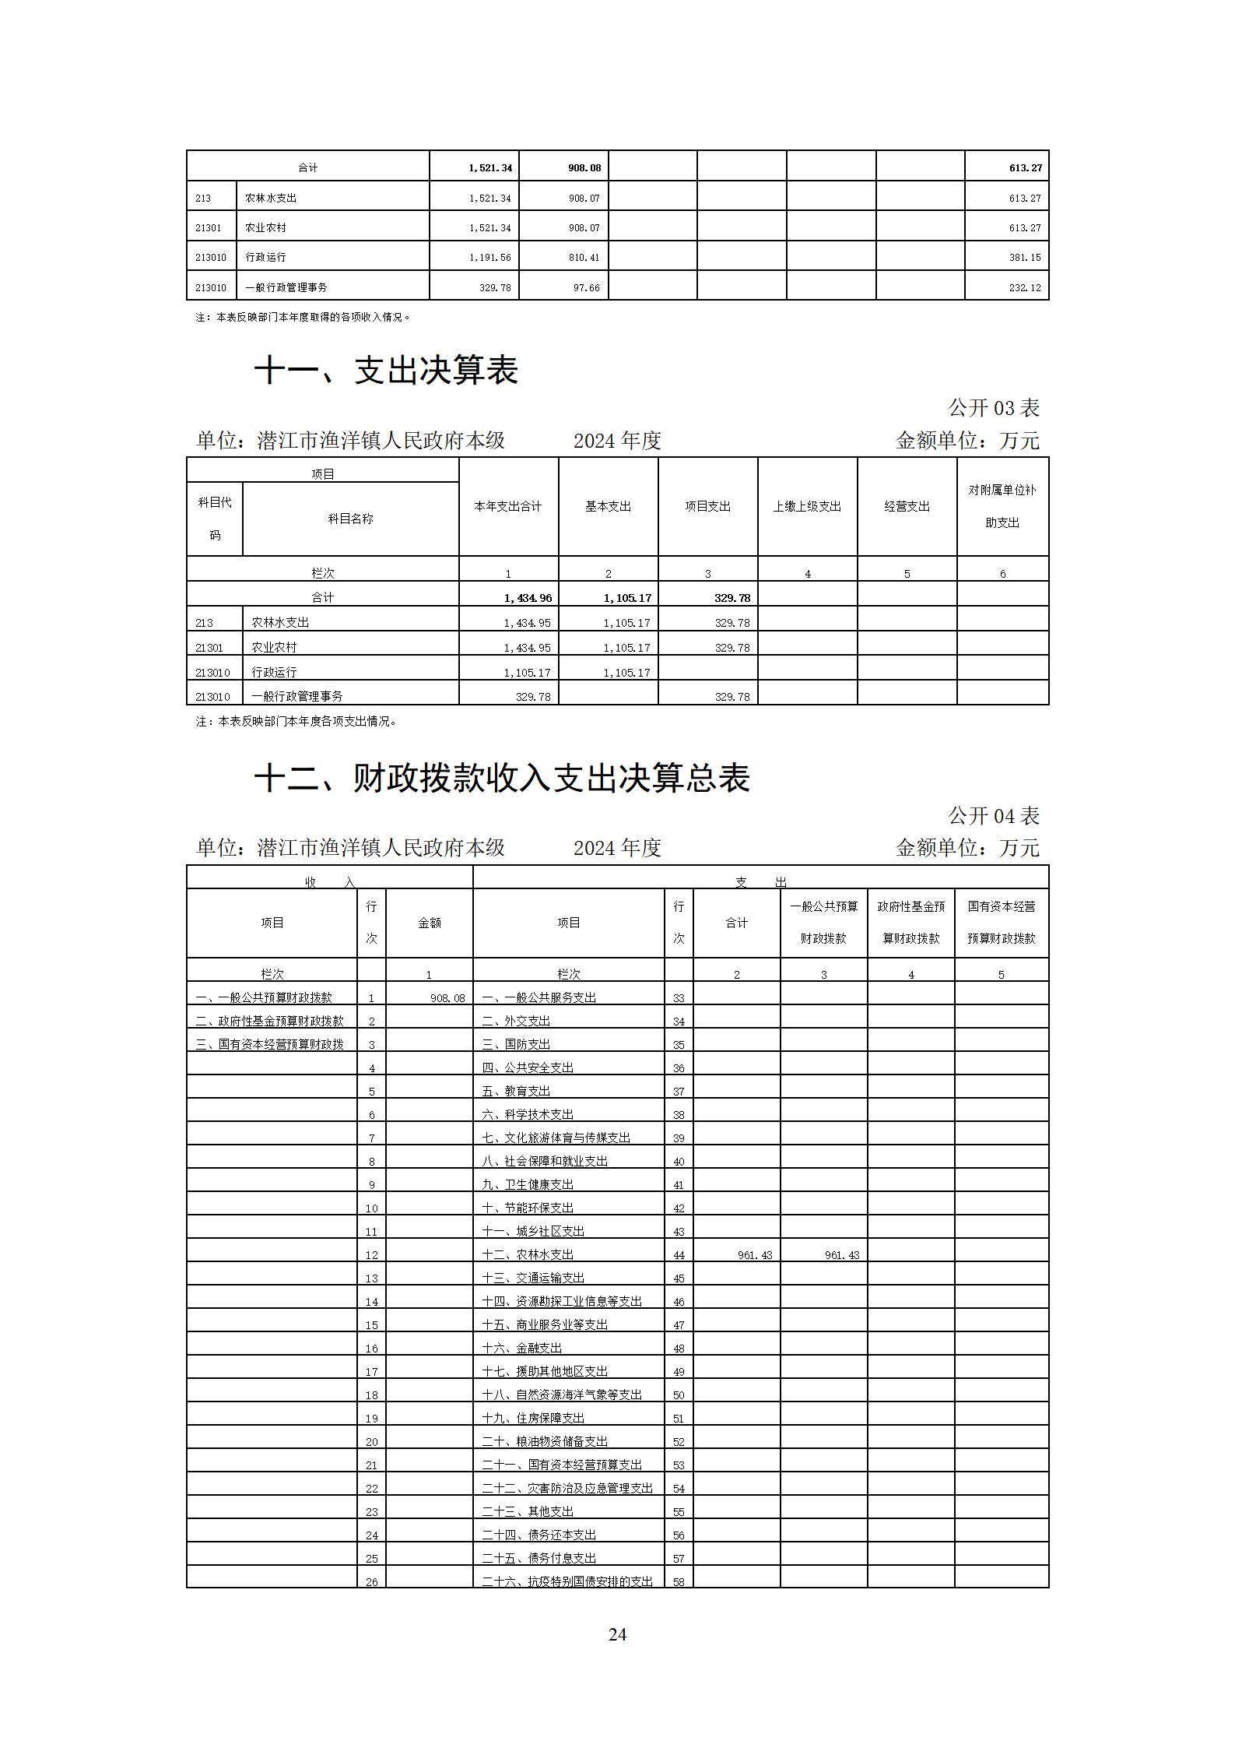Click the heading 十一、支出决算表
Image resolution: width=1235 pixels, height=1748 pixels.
point(386,370)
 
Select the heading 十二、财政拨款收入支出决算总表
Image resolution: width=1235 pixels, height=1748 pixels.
point(502,778)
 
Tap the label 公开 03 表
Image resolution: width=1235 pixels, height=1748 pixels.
point(993,407)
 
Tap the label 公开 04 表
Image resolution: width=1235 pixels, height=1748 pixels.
point(993,815)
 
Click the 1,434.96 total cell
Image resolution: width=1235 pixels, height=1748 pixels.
point(528,598)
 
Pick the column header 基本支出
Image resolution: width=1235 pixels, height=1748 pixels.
point(608,506)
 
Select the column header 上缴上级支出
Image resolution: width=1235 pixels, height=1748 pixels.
point(807,506)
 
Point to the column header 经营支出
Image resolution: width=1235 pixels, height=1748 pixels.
point(907,506)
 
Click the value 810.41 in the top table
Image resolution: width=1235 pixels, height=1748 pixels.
point(584,258)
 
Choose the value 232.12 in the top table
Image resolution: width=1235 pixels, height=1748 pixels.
point(1024,288)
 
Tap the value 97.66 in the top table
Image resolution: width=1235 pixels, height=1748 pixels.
point(586,288)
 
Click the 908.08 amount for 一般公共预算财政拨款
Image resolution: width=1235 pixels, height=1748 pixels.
point(447,998)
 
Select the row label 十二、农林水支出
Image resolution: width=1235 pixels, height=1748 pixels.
point(528,1254)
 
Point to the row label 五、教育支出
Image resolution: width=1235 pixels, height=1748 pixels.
point(516,1091)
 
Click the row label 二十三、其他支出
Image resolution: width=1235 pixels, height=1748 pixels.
point(528,1511)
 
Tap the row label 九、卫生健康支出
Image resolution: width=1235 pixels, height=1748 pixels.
point(528,1184)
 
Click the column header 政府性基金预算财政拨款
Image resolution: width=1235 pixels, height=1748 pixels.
point(910,923)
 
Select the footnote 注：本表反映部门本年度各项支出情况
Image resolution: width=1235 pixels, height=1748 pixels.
point(296,722)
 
